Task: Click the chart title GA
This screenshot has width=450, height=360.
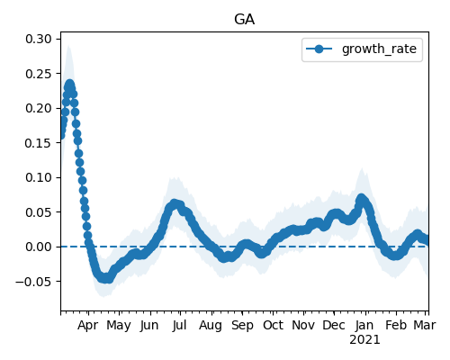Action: [x=244, y=20]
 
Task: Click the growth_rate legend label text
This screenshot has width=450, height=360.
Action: [x=379, y=49]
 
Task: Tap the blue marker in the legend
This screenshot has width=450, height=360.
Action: [x=319, y=49]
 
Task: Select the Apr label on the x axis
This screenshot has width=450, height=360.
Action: [x=87, y=326]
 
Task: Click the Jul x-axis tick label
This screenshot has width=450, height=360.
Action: [x=179, y=325]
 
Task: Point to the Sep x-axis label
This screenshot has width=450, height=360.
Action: [x=242, y=326]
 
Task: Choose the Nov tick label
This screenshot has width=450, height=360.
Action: [x=303, y=325]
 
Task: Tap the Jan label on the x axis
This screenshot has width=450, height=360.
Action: [x=364, y=325]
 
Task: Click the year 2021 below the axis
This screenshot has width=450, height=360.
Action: [x=364, y=340]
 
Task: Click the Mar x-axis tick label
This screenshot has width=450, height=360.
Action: [x=425, y=325]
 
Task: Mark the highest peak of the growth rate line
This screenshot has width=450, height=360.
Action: [x=70, y=85]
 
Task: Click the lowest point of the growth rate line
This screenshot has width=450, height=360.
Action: [x=105, y=278]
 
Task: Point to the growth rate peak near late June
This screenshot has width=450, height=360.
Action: [x=175, y=204]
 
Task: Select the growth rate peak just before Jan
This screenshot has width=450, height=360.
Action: [x=362, y=198]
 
